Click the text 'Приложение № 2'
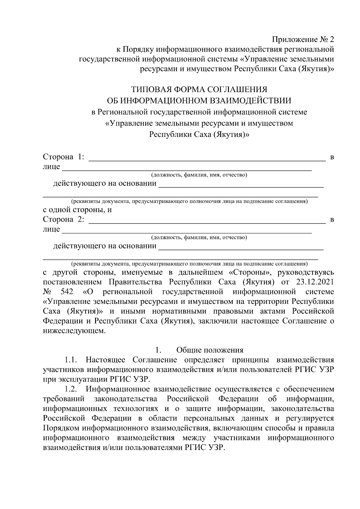click(x=302, y=40)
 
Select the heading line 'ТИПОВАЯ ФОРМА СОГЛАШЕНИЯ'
click(x=199, y=89)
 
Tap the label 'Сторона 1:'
click(x=64, y=157)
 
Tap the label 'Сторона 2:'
click(x=64, y=219)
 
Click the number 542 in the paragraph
click(x=67, y=292)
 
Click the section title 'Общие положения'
click(x=210, y=350)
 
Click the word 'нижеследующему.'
click(x=74, y=331)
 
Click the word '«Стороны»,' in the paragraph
click(x=249, y=272)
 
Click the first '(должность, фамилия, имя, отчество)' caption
click(x=199, y=175)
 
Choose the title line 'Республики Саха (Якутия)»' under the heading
click(x=199, y=135)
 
